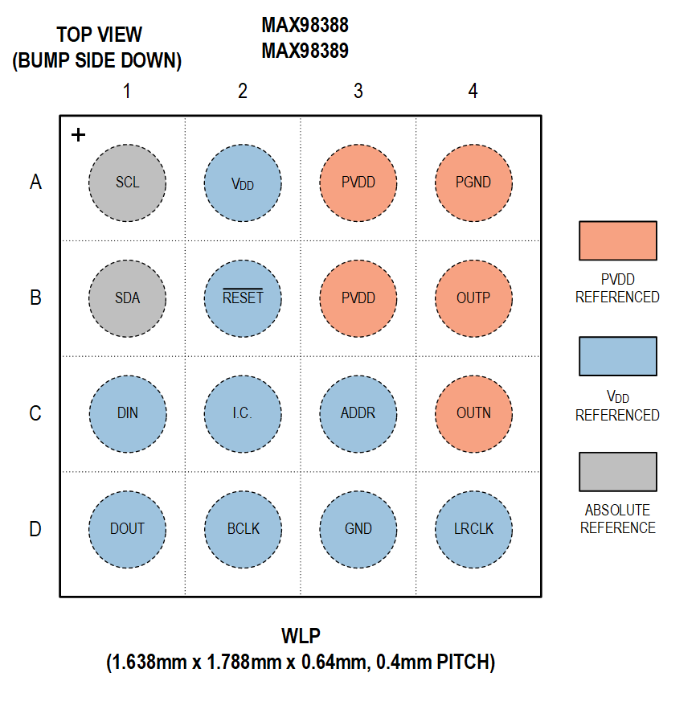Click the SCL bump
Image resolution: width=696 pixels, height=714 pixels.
pos(127,183)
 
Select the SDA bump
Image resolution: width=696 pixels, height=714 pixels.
pos(127,298)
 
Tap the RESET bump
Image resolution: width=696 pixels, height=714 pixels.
pos(243,298)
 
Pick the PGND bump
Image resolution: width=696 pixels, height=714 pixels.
pos(473,183)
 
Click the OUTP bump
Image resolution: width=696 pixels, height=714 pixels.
pos(473,298)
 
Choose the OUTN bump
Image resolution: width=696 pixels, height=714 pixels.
pos(473,413)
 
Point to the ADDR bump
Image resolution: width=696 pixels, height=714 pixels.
pos(358,413)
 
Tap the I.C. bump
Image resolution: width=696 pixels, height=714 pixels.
pos(243,413)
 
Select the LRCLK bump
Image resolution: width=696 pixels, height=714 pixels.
pos(473,529)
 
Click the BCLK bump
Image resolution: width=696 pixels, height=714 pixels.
pos(243,529)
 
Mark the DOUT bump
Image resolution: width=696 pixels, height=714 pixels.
pos(127,529)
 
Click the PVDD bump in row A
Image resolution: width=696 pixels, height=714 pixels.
pos(358,183)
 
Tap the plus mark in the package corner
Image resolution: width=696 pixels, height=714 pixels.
pos(78,135)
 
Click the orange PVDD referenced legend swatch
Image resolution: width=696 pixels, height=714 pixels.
pos(617,240)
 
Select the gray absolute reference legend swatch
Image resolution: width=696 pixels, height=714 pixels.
pos(617,471)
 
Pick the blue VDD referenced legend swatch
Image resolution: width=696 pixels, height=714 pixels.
pos(617,356)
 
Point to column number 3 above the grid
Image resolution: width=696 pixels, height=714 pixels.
pos(358,92)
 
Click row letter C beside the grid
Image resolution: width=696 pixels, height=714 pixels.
pos(35,414)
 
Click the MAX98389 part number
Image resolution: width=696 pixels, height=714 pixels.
pos(305,51)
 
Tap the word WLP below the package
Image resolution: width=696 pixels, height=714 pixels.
pos(301,637)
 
